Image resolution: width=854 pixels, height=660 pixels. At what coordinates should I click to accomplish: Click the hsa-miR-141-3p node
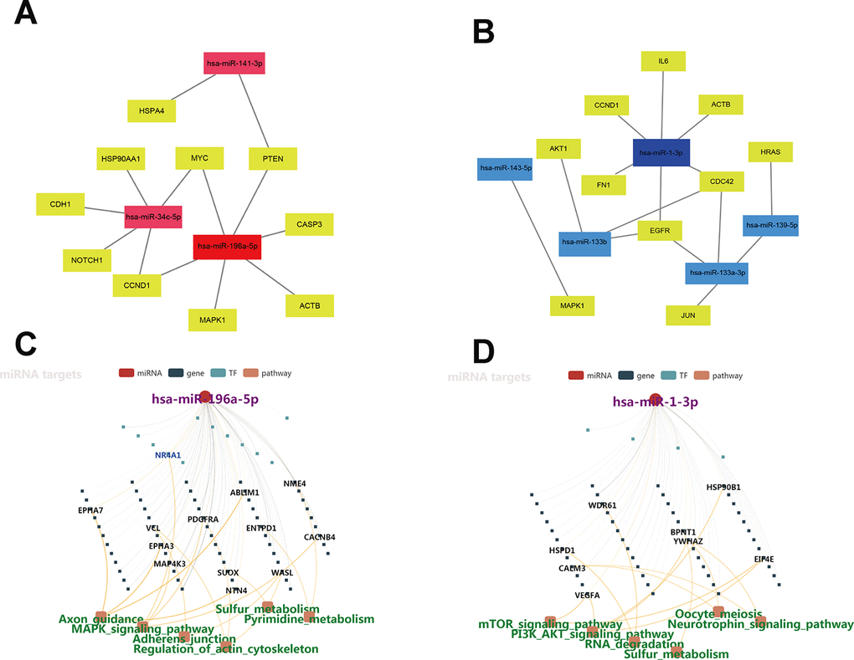pos(234,63)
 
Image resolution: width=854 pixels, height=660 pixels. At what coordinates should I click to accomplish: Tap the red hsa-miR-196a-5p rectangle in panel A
pos(227,247)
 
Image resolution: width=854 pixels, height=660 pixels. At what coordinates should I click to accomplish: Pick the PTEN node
pos(272,158)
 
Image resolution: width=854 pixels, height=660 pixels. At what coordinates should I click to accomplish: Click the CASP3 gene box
pos(309,224)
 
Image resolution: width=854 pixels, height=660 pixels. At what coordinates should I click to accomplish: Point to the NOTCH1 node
pos(87,260)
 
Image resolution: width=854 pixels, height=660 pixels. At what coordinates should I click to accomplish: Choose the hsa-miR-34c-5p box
pos(153,217)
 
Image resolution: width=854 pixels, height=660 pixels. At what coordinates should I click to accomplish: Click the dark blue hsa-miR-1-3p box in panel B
pos(661,153)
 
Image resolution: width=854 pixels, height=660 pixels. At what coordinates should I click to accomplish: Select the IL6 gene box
pos(663,61)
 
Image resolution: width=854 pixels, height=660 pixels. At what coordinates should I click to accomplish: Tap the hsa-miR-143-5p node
pos(506,168)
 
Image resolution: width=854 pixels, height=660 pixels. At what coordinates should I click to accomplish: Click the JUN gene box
pos(689,315)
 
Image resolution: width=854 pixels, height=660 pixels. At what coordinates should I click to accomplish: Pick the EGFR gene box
pos(660,230)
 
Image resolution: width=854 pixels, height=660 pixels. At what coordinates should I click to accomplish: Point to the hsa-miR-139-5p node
pos(770,225)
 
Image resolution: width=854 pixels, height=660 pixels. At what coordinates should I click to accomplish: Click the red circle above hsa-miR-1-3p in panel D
pos(656,400)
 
